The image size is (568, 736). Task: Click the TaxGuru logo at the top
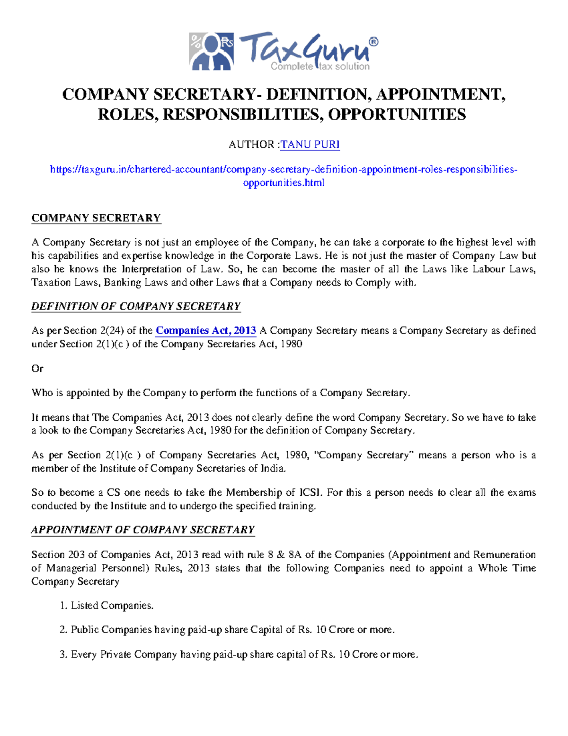coord(284,51)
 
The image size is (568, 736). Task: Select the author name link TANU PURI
coord(310,145)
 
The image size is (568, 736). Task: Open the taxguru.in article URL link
coord(284,170)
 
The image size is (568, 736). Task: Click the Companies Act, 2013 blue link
coord(206,330)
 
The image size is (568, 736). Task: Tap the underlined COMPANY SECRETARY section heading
coord(96,218)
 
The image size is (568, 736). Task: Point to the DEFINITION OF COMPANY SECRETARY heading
coord(136,306)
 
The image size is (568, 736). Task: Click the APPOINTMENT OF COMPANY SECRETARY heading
coord(143,530)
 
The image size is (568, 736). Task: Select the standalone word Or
coord(37,368)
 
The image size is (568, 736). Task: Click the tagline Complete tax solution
coord(320,67)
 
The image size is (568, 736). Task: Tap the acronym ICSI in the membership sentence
coord(311,492)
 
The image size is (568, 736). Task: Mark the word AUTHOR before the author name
coord(251,145)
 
